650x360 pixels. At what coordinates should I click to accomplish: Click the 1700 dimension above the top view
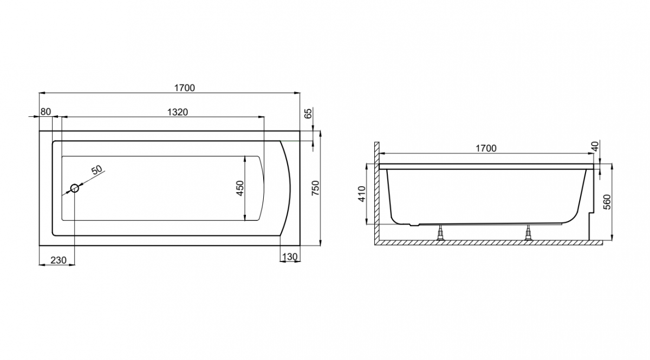(185, 88)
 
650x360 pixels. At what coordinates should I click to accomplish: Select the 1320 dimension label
(178, 112)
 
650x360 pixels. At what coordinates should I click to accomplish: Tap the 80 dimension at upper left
(45, 112)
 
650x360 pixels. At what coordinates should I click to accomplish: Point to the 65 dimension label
(308, 113)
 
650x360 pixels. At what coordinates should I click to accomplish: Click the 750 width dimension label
(315, 188)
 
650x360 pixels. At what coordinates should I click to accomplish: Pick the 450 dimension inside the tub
(240, 188)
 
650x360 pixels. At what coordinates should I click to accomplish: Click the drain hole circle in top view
(75, 188)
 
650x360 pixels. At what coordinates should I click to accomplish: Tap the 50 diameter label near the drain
(97, 169)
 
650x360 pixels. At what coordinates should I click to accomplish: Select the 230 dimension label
(58, 260)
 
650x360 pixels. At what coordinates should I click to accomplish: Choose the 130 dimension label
(290, 257)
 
